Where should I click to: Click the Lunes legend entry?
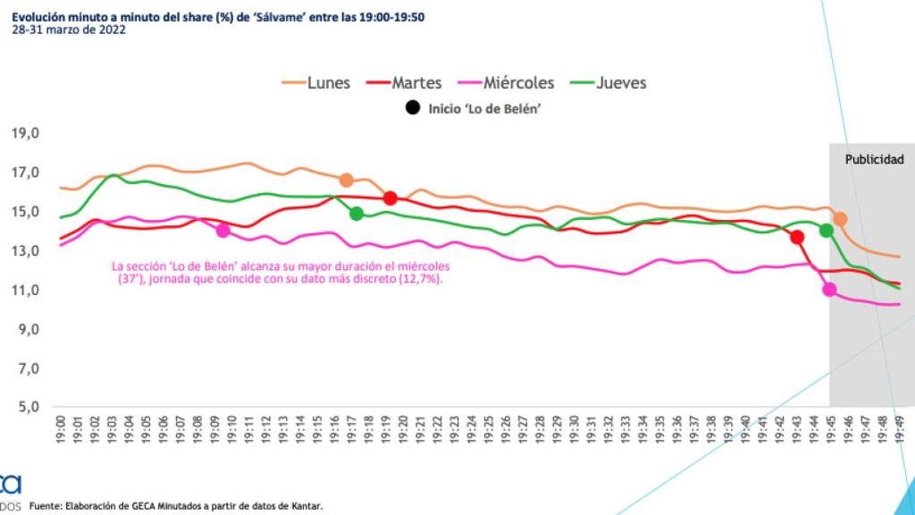click(x=316, y=83)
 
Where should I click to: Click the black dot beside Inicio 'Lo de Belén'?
click(x=413, y=108)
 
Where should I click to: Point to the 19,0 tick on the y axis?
click(x=25, y=133)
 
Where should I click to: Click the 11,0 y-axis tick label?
click(x=25, y=290)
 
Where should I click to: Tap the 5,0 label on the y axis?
click(x=25, y=407)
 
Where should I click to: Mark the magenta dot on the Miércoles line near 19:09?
click(x=223, y=231)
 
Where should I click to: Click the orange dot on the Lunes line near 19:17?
click(x=347, y=180)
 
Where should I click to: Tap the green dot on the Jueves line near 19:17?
click(x=357, y=214)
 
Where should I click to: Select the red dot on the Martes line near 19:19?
click(x=390, y=198)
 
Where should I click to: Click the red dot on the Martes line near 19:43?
click(x=797, y=237)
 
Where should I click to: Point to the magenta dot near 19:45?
click(x=829, y=289)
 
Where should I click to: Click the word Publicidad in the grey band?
click(x=874, y=160)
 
